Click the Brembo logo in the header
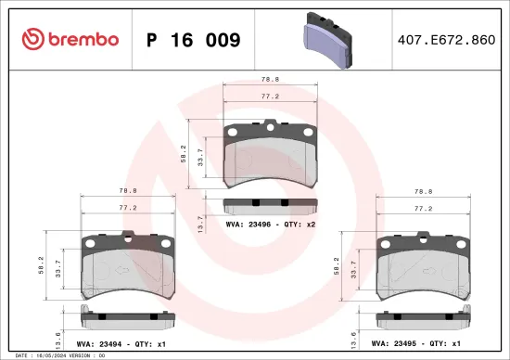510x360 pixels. point(70,39)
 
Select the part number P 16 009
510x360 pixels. point(194,40)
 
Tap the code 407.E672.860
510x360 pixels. point(446,40)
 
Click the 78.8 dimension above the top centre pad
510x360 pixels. point(271,80)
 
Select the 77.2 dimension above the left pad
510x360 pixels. point(129,209)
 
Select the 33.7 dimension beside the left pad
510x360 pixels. point(60,268)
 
